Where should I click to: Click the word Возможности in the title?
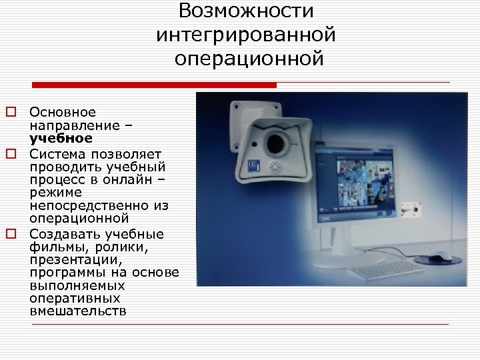click(x=246, y=11)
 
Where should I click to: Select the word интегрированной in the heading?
click(x=246, y=35)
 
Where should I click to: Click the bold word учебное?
click(x=61, y=138)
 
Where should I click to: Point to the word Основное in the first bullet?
click(x=63, y=112)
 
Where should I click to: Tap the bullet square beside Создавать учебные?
click(x=11, y=234)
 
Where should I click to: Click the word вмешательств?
click(x=77, y=311)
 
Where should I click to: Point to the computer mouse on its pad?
click(x=438, y=257)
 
